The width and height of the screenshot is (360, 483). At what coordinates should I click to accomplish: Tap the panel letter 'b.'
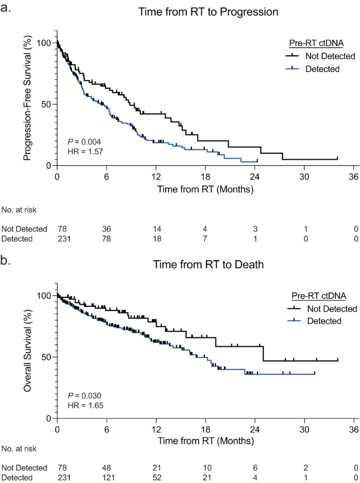7,259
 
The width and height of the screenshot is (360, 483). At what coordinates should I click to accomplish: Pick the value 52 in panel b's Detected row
156,477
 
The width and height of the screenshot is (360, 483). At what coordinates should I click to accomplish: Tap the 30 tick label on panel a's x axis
304,176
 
